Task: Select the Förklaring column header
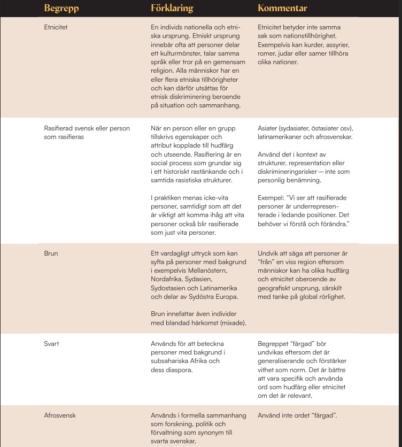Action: [172, 9]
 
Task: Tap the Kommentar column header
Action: [282, 9]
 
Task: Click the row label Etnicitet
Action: [56, 27]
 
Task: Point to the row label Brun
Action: [50, 253]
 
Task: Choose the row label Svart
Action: [51, 344]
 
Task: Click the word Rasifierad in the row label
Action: [59, 128]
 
